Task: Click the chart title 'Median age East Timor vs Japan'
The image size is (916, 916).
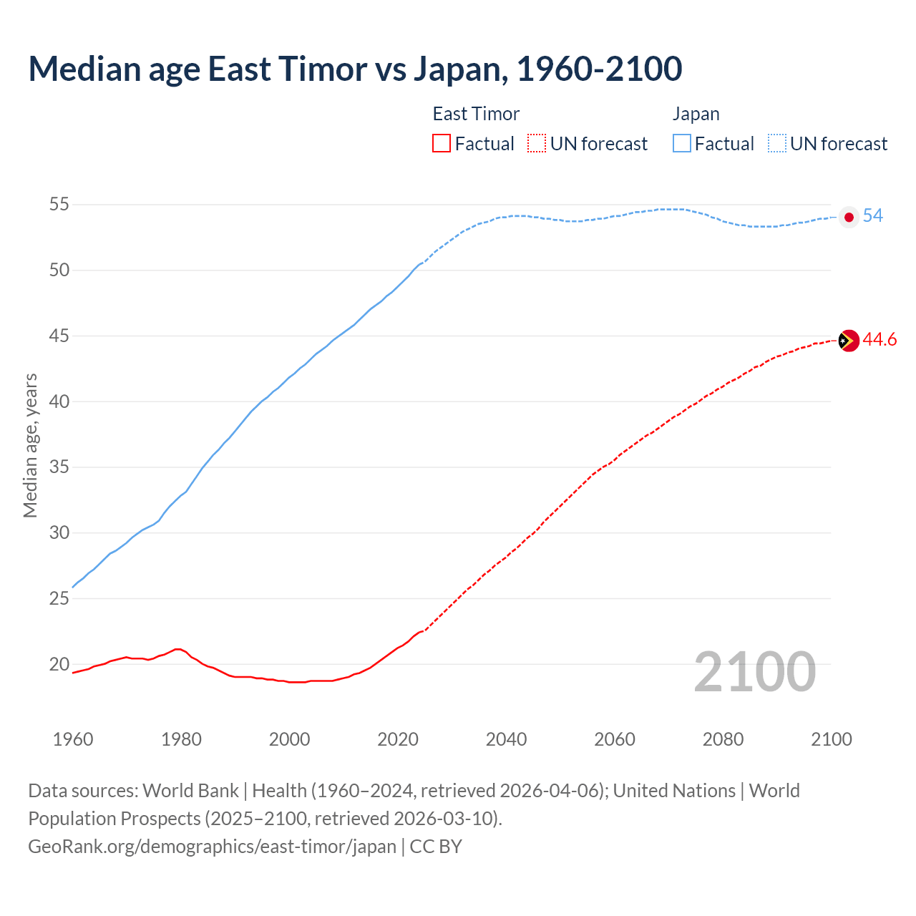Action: (355, 69)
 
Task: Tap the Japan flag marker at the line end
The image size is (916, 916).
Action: (849, 217)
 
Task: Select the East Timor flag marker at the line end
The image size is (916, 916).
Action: (848, 341)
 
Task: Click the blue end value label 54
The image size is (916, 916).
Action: (873, 215)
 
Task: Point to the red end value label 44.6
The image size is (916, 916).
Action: (880, 340)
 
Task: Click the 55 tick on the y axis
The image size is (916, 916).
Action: (59, 205)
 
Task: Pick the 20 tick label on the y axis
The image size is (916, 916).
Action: (59, 664)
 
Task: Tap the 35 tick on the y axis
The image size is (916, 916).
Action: (59, 467)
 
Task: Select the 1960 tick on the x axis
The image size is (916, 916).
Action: (73, 739)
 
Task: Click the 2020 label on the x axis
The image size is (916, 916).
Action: (398, 739)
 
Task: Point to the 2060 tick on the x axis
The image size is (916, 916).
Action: (615, 739)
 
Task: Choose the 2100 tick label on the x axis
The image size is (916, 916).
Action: (832, 739)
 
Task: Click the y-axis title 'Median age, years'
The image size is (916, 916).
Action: (30, 445)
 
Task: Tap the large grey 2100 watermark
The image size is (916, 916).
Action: (754, 671)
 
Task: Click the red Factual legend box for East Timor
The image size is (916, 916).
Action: (442, 144)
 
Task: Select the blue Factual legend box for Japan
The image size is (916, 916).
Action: (682, 144)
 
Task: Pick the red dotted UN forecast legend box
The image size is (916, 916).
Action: (537, 144)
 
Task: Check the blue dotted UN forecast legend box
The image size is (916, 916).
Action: (777, 144)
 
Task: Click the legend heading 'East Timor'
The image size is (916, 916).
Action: (476, 114)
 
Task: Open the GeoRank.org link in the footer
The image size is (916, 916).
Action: (212, 846)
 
